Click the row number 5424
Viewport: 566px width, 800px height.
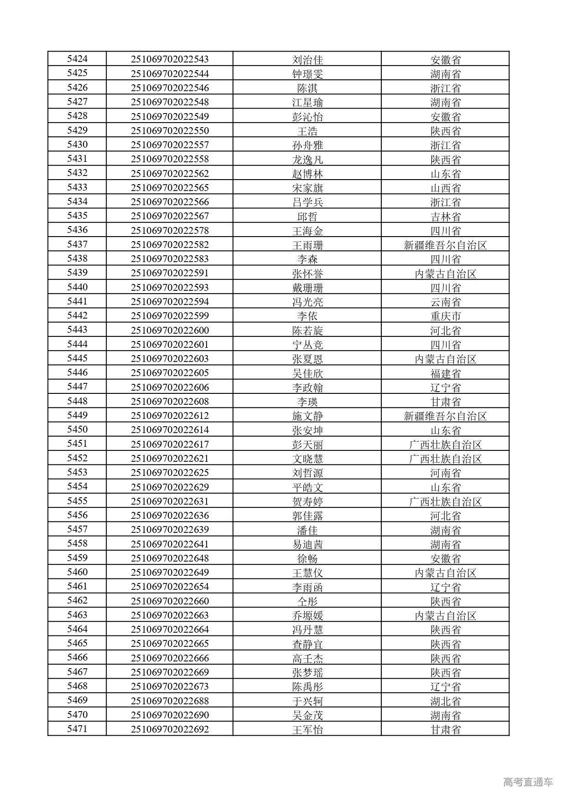coord(77,59)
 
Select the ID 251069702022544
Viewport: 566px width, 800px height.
coord(170,73)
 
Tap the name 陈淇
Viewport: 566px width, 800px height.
coord(307,88)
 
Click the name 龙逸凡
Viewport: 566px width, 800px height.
coord(307,159)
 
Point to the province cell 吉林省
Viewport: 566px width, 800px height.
coord(445,216)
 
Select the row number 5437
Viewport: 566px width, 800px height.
coord(77,244)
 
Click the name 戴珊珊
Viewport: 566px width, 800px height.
coord(307,288)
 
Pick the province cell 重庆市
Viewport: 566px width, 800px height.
coord(445,316)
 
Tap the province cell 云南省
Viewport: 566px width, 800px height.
coord(445,302)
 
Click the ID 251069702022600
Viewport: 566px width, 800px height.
coord(170,330)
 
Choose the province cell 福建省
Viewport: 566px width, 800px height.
coord(445,373)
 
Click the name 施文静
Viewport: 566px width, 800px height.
coord(307,416)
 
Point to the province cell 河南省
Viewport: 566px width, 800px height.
coord(445,473)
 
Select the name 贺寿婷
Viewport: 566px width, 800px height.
coord(307,501)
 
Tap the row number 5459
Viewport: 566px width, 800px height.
coord(77,558)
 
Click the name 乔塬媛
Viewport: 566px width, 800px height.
coord(307,615)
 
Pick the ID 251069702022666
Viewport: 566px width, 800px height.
coord(170,658)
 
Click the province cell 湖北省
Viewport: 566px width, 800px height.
coord(445,701)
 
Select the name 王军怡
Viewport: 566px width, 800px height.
coord(307,729)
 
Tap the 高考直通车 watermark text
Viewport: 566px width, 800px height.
coord(528,782)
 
